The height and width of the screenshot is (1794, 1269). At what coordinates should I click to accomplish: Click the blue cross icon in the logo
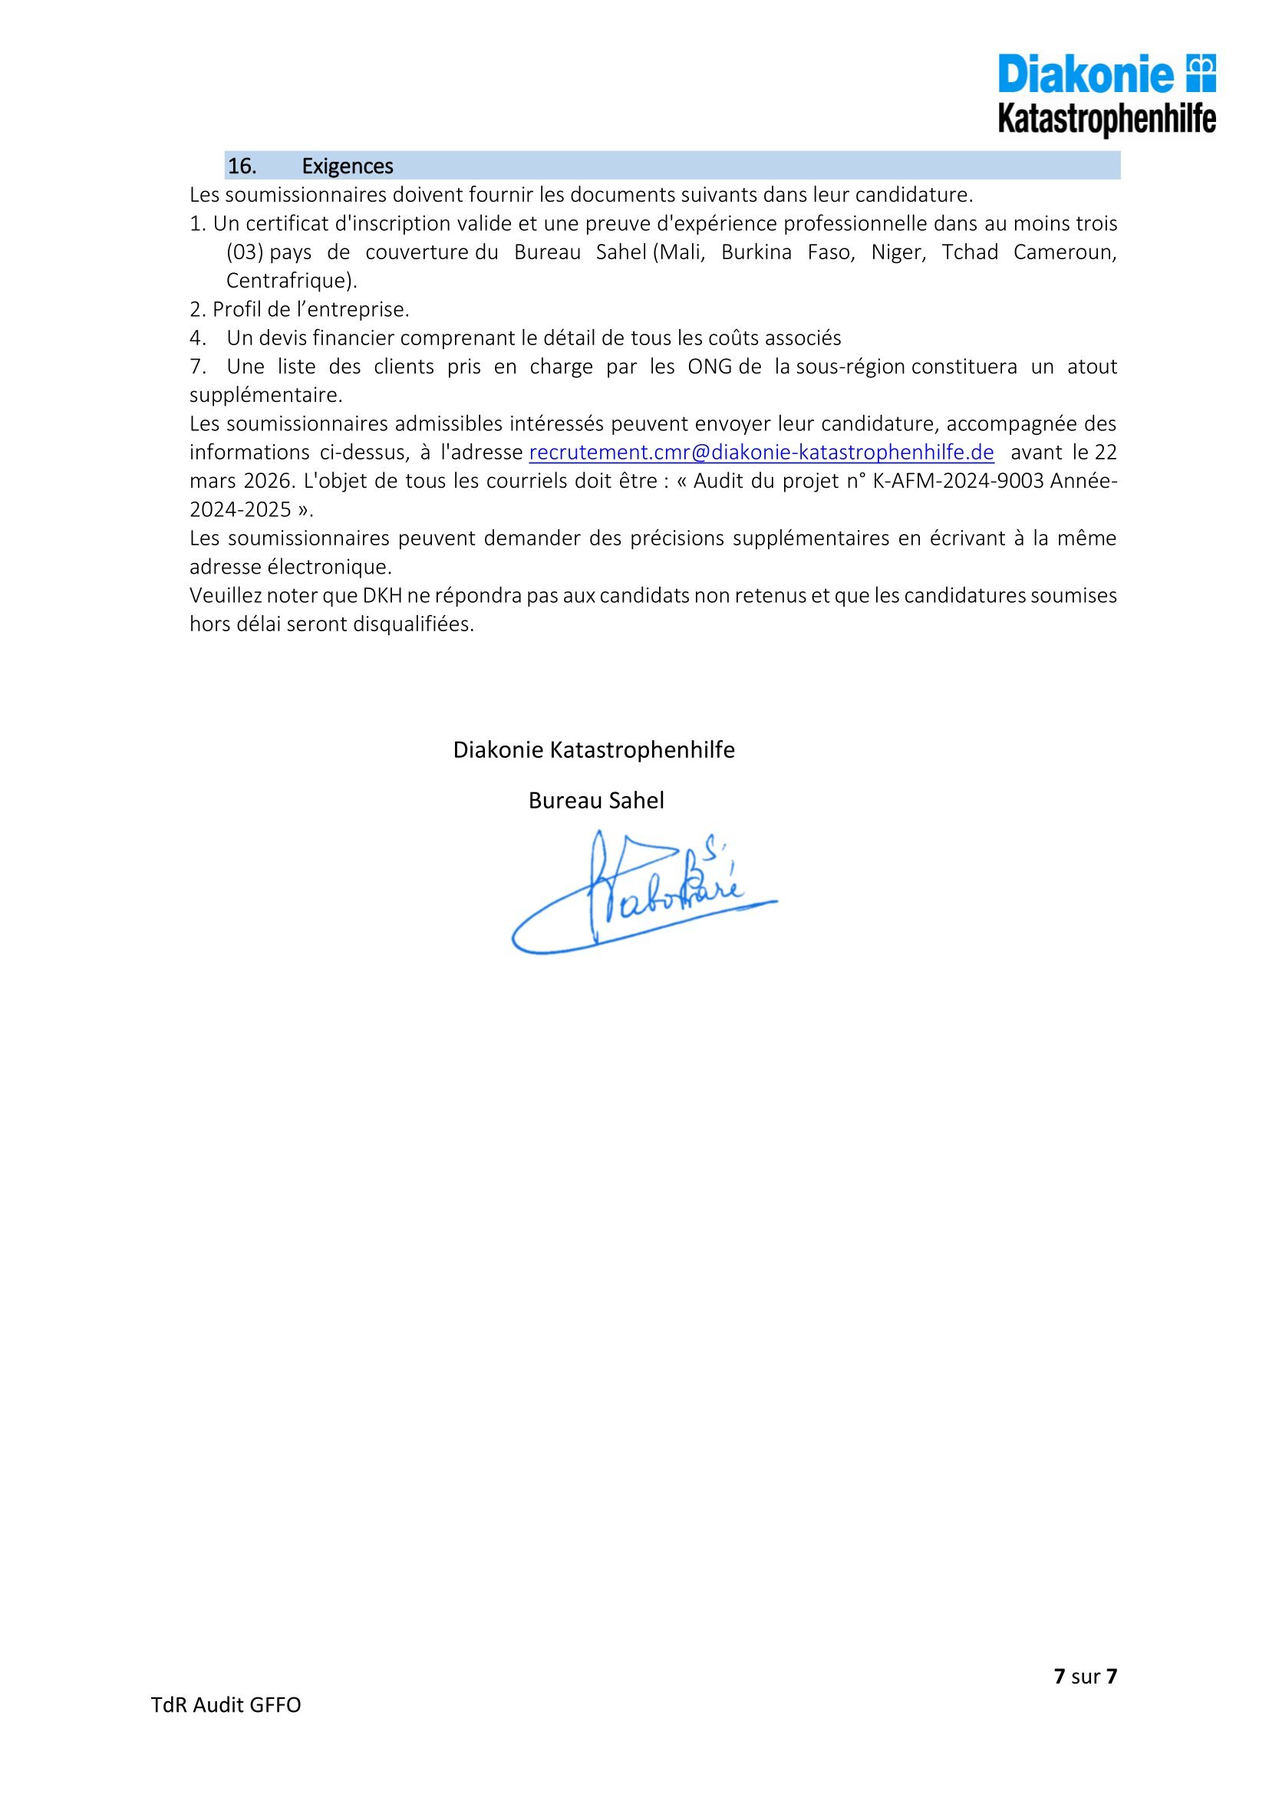pos(1201,73)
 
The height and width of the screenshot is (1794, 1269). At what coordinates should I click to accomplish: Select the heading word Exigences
pos(347,166)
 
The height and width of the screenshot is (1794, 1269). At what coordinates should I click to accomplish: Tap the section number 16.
pos(242,166)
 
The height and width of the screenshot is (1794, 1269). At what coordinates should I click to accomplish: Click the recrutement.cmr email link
pos(761,453)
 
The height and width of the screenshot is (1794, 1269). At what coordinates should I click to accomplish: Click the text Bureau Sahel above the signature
pos(595,801)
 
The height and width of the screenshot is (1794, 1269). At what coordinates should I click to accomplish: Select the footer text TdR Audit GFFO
pos(226,1705)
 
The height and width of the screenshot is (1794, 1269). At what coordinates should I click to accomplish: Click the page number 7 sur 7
pos(1086,1676)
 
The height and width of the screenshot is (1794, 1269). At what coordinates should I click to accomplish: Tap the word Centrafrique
pos(285,281)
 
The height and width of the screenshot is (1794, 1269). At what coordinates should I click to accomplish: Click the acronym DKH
pos(382,596)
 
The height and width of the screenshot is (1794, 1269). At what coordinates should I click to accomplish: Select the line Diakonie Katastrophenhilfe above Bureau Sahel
pos(594,750)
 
